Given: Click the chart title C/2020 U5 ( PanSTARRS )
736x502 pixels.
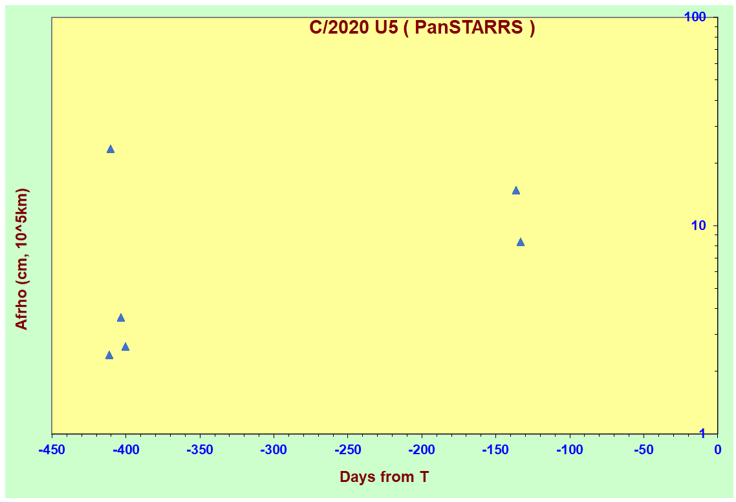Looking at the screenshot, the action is [422, 28].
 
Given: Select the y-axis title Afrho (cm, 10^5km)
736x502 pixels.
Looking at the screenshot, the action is [21, 259].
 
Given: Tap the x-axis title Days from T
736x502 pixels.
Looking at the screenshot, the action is [384, 477].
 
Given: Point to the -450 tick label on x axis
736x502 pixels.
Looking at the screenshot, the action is [52, 450].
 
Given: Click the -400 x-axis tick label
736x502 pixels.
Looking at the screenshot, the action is [126, 450].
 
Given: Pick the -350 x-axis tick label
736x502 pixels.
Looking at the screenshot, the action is [200, 450].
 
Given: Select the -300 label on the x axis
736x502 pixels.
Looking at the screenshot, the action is [274, 450].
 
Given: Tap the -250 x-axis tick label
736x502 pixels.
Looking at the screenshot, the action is [348, 450].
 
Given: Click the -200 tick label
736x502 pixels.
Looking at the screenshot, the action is [422, 450].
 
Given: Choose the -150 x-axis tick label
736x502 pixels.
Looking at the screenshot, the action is [495, 450].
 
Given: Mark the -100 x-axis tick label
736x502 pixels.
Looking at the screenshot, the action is [570, 450].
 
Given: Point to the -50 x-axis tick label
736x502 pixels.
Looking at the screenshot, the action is [644, 450].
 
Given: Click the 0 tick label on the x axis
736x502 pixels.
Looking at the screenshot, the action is [718, 450].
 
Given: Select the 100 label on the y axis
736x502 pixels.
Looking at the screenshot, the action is [695, 17].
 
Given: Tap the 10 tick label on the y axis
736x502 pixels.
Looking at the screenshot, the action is [698, 226].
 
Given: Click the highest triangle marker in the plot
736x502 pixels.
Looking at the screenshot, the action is [111, 149].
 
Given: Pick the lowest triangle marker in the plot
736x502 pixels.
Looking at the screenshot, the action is [109, 355].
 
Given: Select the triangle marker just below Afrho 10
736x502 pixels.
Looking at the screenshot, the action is [521, 242].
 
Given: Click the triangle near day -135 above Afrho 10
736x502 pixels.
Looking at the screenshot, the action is [516, 191].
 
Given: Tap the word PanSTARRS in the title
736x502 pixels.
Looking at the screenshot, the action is [469, 28].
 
